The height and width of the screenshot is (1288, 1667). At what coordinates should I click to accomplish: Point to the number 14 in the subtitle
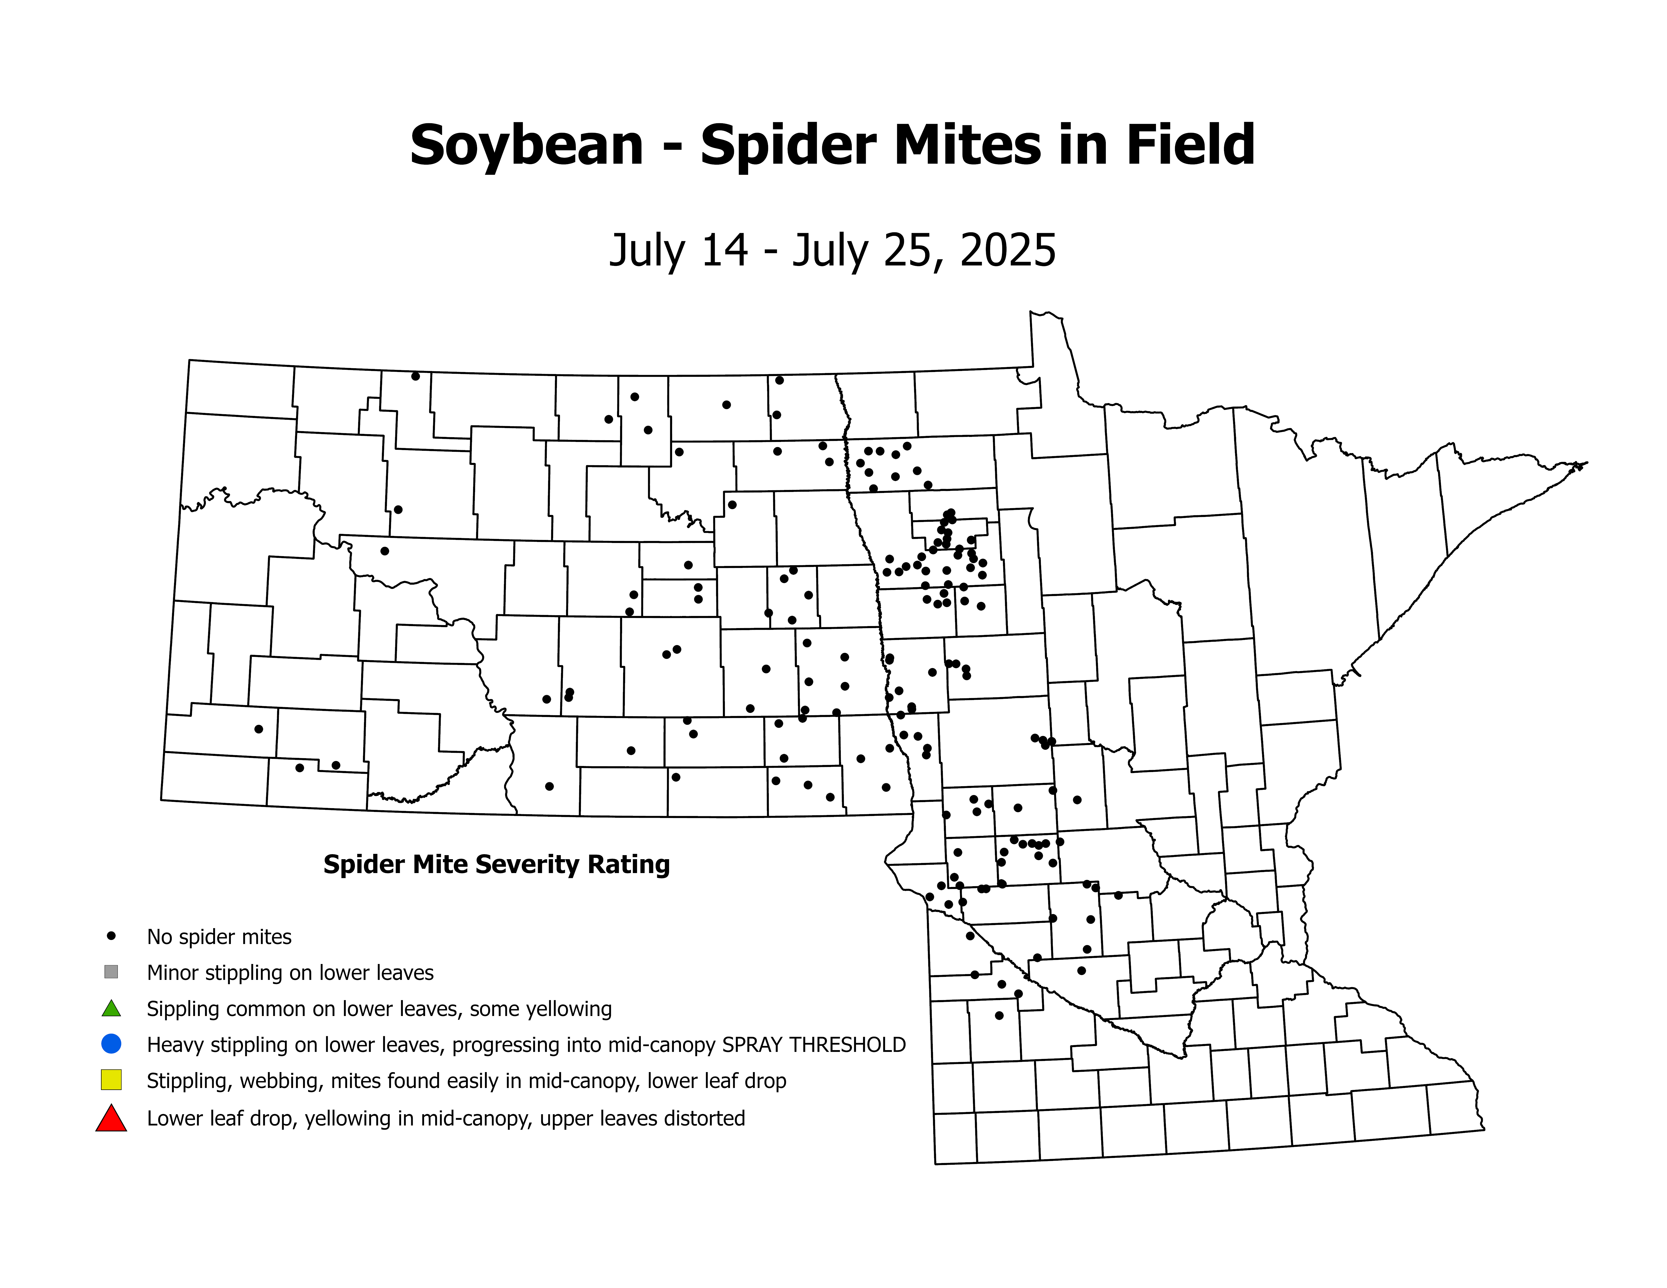(x=724, y=250)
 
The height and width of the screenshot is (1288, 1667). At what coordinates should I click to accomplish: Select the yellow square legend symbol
(x=111, y=1080)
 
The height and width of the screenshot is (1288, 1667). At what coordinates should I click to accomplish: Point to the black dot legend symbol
(x=111, y=935)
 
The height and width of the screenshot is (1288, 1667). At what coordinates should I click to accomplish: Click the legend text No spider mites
(x=219, y=937)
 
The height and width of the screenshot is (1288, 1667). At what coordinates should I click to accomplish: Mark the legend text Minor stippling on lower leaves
(x=290, y=973)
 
